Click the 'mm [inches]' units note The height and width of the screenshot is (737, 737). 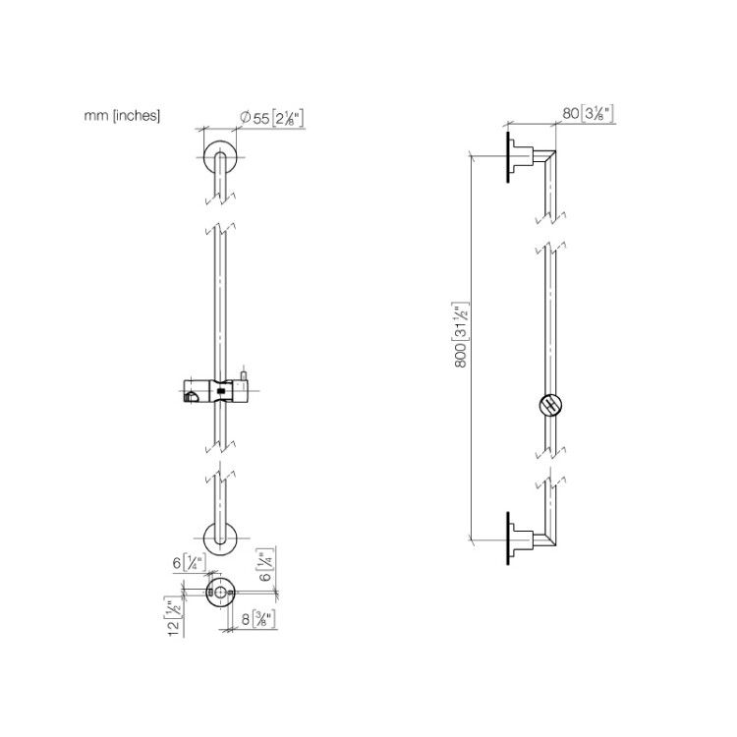coord(122,116)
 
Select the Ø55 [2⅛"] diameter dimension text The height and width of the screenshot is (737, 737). coord(271,118)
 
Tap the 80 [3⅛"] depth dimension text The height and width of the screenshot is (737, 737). coord(588,113)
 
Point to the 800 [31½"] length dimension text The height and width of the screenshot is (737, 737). coord(461,335)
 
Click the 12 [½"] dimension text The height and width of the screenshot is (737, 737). coord(173,617)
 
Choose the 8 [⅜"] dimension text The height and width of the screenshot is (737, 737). coord(258,619)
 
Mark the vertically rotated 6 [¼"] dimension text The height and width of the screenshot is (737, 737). coord(266,564)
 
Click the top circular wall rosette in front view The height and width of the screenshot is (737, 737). coord(220,156)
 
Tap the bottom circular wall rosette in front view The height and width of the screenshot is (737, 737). coord(220,539)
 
